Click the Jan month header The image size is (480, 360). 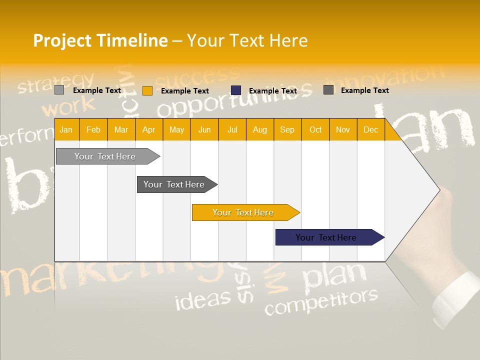pos(66,130)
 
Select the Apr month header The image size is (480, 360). pos(148,130)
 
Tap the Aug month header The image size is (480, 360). pos(259,130)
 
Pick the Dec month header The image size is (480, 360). pos(370,130)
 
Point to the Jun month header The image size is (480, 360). pos(204,130)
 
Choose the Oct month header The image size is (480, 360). pos(315,130)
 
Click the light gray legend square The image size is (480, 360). pos(59,90)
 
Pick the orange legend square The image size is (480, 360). pos(147,90)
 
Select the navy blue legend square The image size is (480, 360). pos(236,90)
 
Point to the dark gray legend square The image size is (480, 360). pos(328,90)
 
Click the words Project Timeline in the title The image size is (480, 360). pos(100,40)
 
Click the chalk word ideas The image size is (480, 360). pos(203,299)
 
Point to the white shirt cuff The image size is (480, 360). pos(455,300)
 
